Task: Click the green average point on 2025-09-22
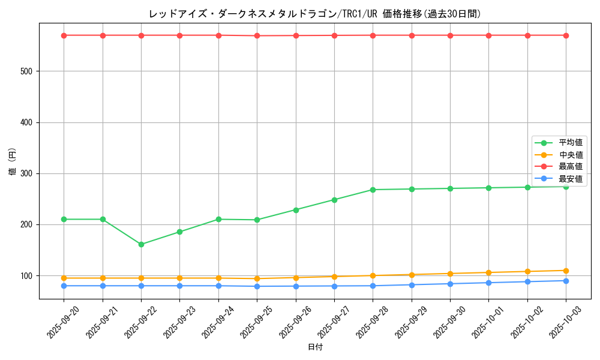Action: coord(141,244)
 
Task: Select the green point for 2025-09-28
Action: coord(373,190)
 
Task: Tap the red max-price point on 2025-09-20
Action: coord(64,35)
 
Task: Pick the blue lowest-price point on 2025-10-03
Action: coord(566,281)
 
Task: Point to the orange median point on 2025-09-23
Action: coord(180,278)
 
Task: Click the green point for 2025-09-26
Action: coord(296,210)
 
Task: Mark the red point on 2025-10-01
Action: coord(488,35)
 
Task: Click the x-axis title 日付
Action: coord(315,347)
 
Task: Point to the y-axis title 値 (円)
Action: coord(13,161)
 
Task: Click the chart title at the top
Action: coord(315,14)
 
